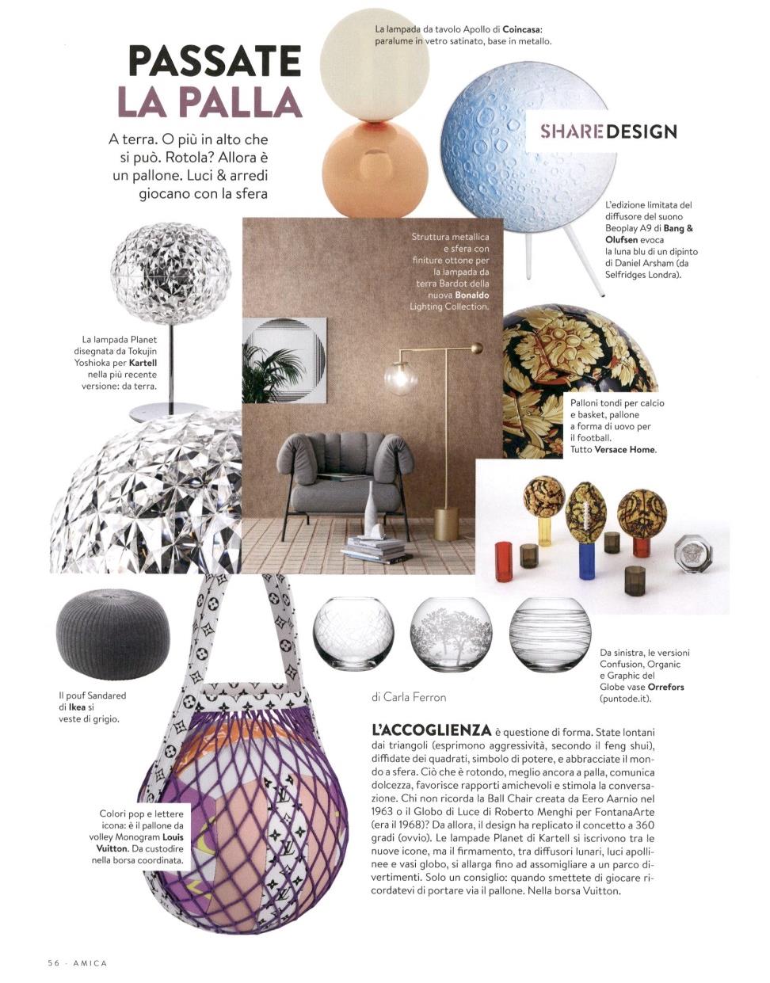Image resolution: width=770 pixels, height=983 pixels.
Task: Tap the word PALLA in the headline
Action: click(x=242, y=102)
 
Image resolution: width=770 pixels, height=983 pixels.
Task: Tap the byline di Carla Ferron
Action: click(x=408, y=697)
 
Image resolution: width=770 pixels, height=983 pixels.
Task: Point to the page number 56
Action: click(x=53, y=962)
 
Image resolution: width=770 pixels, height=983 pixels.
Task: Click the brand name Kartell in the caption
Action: click(x=143, y=362)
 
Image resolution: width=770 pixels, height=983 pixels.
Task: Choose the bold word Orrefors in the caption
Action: click(x=665, y=687)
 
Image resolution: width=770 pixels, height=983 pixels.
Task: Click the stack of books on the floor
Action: click(x=374, y=548)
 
